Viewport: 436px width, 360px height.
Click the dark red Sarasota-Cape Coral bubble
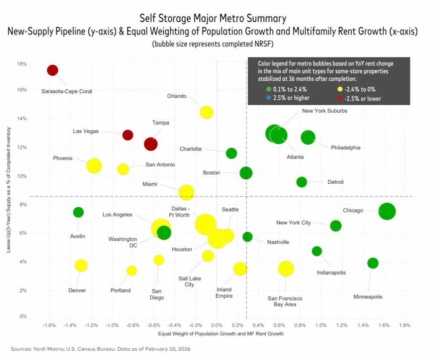[x=52, y=70]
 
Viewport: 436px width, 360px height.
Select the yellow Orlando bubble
[x=207, y=112]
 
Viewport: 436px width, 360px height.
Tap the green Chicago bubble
[x=387, y=211]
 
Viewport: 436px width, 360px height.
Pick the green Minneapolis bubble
[x=373, y=263]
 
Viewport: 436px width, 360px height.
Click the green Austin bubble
[x=78, y=212]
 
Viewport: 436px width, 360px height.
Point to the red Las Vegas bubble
[x=128, y=135]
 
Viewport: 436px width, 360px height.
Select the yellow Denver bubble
[x=81, y=266]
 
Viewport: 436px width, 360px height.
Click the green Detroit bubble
[x=301, y=182]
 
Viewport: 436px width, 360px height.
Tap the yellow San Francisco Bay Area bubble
[x=286, y=269]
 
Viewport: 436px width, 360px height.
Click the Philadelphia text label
[x=345, y=148]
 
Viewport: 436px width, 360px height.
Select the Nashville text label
[x=278, y=242]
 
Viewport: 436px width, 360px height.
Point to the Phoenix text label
[x=63, y=158]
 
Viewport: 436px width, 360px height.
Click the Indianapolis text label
[x=331, y=272]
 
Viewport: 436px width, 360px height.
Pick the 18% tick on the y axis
[x=21, y=64]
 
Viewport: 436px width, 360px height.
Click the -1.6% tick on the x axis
[x=49, y=326]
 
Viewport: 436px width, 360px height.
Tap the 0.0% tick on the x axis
[x=217, y=326]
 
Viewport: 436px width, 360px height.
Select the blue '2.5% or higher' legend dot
[x=268, y=98]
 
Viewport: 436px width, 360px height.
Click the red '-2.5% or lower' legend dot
[x=340, y=98]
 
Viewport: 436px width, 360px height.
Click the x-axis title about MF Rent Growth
[x=221, y=334]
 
